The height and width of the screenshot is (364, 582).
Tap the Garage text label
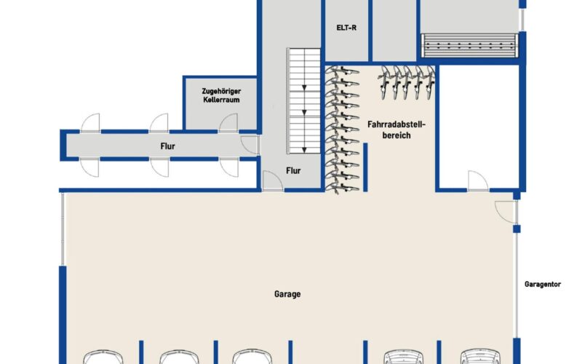tap(287, 295)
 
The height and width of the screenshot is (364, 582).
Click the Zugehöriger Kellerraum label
tap(220, 95)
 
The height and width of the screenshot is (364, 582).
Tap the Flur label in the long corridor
tap(168, 146)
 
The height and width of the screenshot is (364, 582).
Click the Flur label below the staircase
tap(294, 172)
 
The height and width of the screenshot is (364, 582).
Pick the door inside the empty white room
tap(478, 180)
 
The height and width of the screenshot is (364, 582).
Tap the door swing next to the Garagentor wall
tap(505, 212)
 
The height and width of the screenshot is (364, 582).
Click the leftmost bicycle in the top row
tap(385, 82)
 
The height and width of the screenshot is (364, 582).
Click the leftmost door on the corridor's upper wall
tap(91, 123)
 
